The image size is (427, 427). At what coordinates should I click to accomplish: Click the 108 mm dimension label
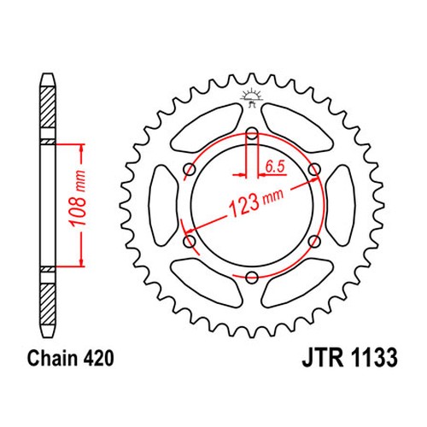78,198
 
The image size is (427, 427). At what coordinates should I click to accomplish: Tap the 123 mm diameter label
255,202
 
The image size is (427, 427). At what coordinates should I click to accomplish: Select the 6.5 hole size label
275,167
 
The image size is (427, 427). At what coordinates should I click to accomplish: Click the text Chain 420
70,359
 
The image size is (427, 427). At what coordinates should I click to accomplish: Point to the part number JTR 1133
349,358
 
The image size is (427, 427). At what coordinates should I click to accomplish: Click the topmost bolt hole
252,133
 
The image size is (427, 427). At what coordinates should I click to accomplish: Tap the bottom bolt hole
252,278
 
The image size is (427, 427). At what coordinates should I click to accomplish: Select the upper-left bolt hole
190,170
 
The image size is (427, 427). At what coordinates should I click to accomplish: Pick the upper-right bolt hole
314,170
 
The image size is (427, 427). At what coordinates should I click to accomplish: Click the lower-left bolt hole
190,242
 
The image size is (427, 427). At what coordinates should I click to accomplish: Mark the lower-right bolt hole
314,242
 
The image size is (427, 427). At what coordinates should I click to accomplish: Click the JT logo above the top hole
251,98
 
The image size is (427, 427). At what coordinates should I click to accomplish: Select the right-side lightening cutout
340,206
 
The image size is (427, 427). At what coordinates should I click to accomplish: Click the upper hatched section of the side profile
47,107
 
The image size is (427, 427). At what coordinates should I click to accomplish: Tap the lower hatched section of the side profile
47,304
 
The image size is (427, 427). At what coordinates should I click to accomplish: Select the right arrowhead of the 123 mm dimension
314,180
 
